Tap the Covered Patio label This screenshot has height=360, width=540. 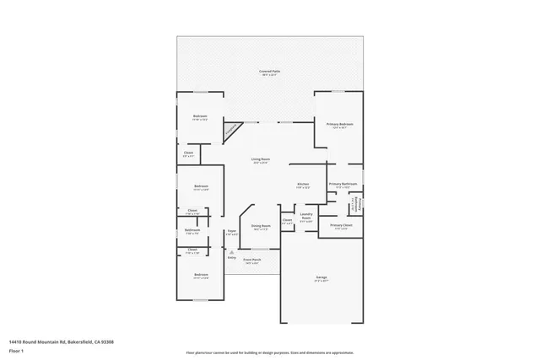coord(270,73)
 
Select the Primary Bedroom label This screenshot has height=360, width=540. coord(339,124)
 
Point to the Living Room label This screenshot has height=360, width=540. coord(260,159)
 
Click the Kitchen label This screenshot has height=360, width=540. coord(302,184)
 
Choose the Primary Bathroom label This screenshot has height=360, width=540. coord(343,184)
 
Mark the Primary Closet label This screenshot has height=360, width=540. coord(341,225)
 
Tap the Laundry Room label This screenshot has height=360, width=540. coord(307,216)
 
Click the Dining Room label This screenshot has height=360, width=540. coord(261,226)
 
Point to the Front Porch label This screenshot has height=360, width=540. coord(252,260)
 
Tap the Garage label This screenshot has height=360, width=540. coord(321,277)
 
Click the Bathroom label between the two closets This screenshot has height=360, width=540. coord(192,230)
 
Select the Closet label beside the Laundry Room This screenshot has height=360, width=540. coord(287,220)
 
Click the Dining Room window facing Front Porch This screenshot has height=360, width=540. coord(261,250)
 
